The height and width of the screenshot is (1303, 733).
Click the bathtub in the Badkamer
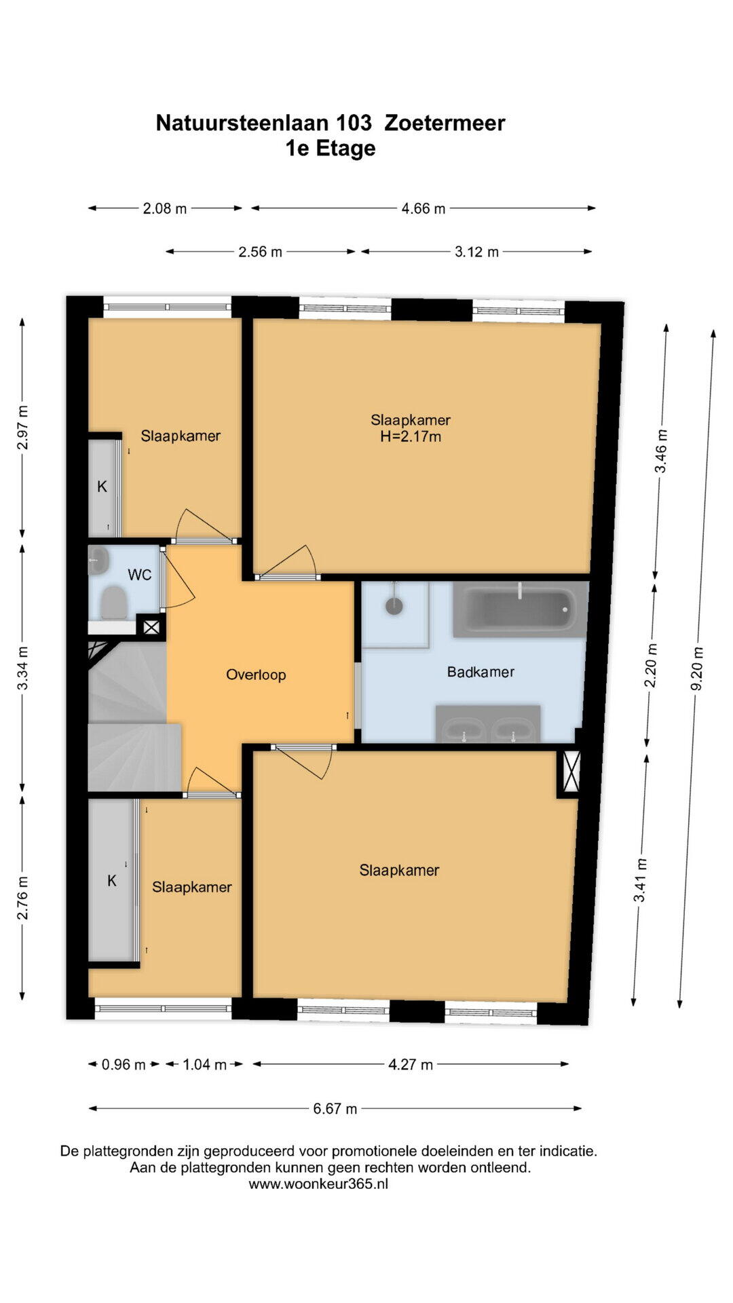coord(519,609)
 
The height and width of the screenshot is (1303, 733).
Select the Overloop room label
coord(256,675)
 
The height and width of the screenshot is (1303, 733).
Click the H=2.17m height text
coord(411,436)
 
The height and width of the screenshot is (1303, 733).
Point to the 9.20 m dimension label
coord(697,668)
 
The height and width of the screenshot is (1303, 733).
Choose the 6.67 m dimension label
coord(335,1108)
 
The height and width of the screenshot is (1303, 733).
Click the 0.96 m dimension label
coord(124,1064)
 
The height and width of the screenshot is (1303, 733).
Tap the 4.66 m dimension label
coord(424,208)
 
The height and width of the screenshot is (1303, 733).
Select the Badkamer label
coord(481,672)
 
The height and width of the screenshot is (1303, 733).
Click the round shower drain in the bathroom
coord(394,605)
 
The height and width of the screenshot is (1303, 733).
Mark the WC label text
coord(140,575)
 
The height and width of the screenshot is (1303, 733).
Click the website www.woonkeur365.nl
coord(318,1184)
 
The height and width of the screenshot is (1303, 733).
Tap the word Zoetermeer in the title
coord(445,123)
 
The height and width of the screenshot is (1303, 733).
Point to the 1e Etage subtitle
coord(331,148)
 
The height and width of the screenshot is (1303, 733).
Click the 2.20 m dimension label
coord(651,665)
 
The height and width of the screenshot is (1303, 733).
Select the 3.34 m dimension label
coord(22,668)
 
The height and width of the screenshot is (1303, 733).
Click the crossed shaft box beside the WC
coord(151,628)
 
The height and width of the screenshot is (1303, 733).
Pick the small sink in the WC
coord(98,561)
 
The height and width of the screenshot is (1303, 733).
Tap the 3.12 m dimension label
coord(476,252)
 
